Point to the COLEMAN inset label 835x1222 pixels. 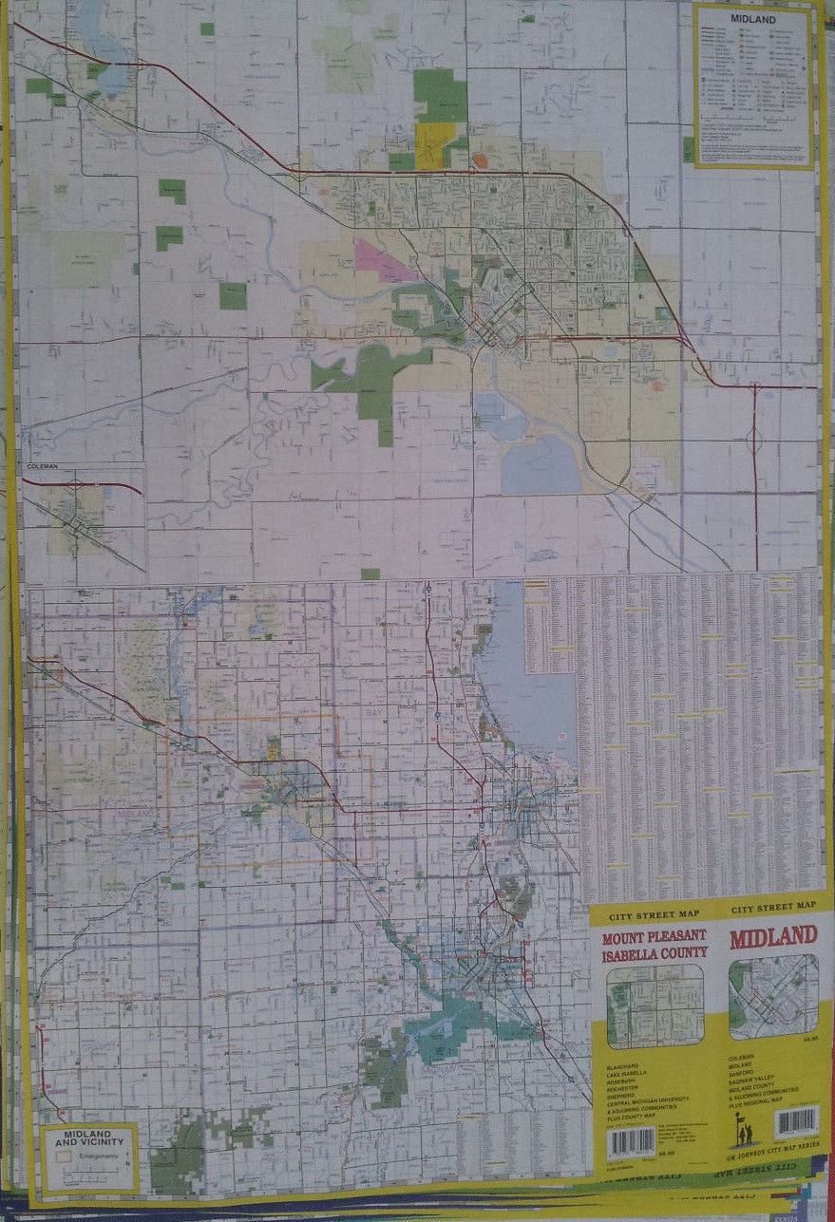tap(43, 467)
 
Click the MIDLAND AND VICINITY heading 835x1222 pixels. tap(87, 1139)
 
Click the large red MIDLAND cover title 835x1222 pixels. tap(772, 937)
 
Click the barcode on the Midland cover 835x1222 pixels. tap(795, 1121)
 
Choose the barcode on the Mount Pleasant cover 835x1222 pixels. tap(631, 1140)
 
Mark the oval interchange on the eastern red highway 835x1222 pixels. tap(756, 439)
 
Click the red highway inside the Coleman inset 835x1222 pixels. tap(85, 483)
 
